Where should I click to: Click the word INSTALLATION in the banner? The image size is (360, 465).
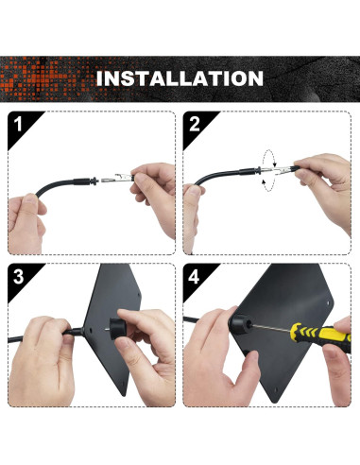click(180, 78)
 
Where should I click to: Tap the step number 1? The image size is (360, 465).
click(18, 124)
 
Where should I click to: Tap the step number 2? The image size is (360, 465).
click(195, 124)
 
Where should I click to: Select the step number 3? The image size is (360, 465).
click(19, 276)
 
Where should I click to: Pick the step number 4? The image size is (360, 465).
click(194, 276)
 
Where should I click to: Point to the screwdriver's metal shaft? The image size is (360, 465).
click(271, 328)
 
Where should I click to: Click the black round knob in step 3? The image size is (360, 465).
click(118, 329)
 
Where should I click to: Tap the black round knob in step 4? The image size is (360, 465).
click(241, 324)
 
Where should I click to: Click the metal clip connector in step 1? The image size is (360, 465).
click(116, 179)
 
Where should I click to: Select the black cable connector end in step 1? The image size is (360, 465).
click(85, 181)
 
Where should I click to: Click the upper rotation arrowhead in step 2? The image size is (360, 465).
click(274, 164)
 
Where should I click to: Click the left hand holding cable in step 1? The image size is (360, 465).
click(26, 223)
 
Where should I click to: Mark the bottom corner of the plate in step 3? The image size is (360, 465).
click(125, 395)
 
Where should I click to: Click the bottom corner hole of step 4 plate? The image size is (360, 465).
click(276, 390)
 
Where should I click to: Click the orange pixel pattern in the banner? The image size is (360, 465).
click(47, 78)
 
